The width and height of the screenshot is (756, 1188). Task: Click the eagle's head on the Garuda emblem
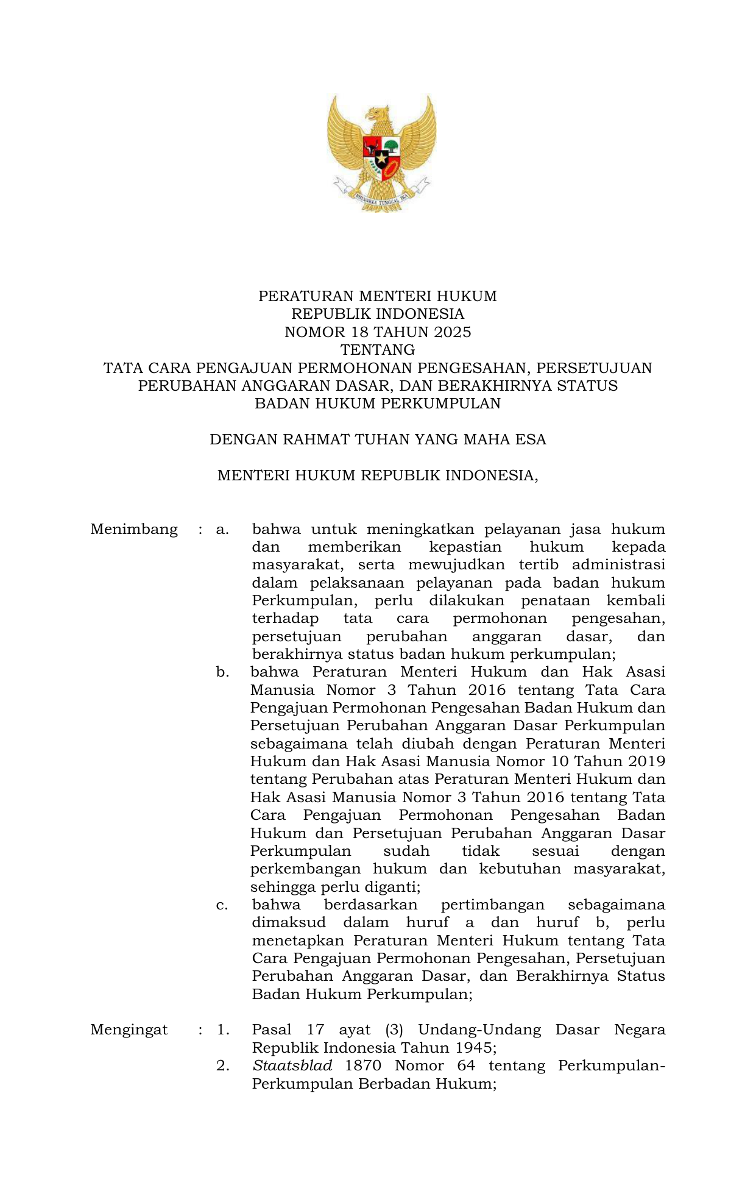point(381,114)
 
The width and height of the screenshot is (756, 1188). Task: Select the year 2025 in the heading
point(453,332)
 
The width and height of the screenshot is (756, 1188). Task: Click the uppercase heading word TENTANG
point(378,350)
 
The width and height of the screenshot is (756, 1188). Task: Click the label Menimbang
point(134,529)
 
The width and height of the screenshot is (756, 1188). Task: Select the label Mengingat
point(129,1030)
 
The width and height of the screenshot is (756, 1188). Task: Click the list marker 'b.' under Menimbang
point(222,672)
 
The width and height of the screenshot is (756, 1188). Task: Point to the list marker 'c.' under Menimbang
point(222,905)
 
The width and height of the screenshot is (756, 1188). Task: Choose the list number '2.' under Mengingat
point(222,1066)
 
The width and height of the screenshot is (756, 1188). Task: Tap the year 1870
point(363,1066)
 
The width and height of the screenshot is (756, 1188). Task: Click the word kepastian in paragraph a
point(465,547)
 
